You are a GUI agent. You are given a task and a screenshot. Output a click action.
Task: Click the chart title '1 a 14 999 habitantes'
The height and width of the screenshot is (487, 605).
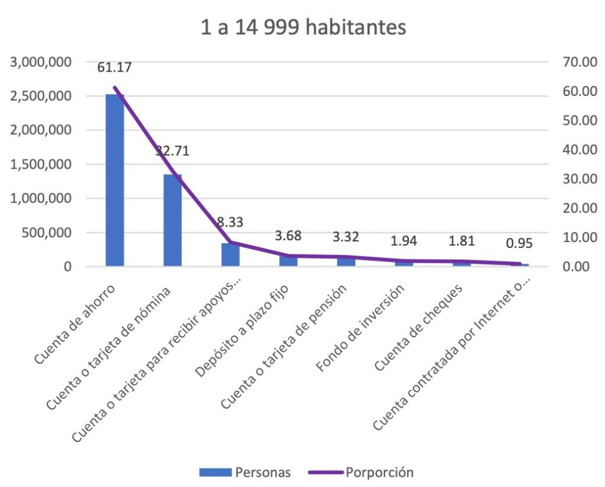tap(303, 28)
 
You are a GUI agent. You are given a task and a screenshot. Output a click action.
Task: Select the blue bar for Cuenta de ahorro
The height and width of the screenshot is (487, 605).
tap(115, 180)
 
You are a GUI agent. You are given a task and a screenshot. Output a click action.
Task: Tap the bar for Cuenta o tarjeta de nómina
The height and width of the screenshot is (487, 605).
tap(173, 220)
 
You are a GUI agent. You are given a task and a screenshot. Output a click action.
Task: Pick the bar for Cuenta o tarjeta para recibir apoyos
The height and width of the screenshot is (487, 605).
tap(230, 254)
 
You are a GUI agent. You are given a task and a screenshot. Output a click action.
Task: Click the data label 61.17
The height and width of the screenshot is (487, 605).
tap(115, 67)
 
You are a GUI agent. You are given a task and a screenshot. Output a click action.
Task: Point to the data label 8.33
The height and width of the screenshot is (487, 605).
tap(230, 222)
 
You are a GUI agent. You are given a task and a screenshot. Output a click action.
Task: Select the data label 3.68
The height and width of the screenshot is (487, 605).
tap(288, 236)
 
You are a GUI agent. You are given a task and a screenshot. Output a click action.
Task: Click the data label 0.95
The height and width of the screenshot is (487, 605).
tap(520, 243)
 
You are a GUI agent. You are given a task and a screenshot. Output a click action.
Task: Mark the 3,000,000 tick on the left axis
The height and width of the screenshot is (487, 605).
tap(47, 62)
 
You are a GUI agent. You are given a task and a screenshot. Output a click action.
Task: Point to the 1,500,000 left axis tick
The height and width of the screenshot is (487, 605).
tap(47, 165)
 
